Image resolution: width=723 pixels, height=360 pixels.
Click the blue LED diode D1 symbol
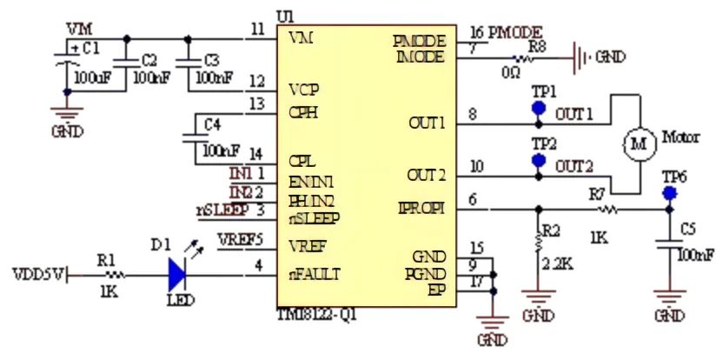point(177,276)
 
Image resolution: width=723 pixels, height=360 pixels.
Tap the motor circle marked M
point(640,143)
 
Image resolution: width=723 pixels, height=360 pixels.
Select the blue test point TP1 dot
point(538,109)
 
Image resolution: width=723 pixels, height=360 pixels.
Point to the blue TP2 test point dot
point(538,160)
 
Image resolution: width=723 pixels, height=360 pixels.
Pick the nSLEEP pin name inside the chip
point(314,217)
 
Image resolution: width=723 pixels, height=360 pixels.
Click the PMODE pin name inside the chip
point(420,41)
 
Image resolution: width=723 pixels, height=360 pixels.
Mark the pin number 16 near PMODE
point(476,33)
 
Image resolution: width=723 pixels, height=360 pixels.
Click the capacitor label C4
point(212,124)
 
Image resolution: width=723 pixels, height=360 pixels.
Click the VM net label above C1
point(79,30)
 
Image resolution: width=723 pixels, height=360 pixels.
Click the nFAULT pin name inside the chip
point(315,274)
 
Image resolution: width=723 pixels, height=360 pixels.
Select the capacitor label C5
point(687,230)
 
